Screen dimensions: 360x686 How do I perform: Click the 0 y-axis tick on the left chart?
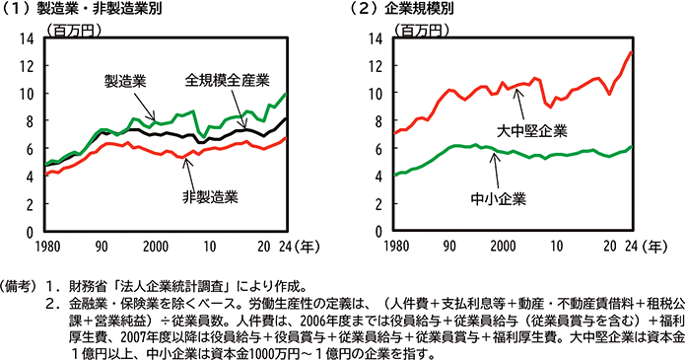28,232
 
